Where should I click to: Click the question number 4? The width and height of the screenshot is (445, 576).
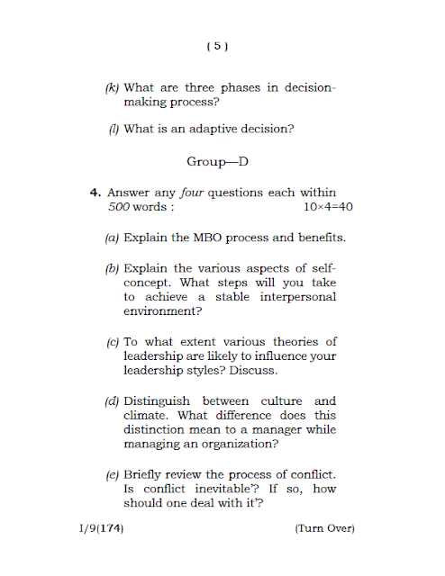pos(93,193)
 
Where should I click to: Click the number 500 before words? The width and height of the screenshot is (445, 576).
pos(119,206)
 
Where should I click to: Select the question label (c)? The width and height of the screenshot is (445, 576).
pos(113,342)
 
